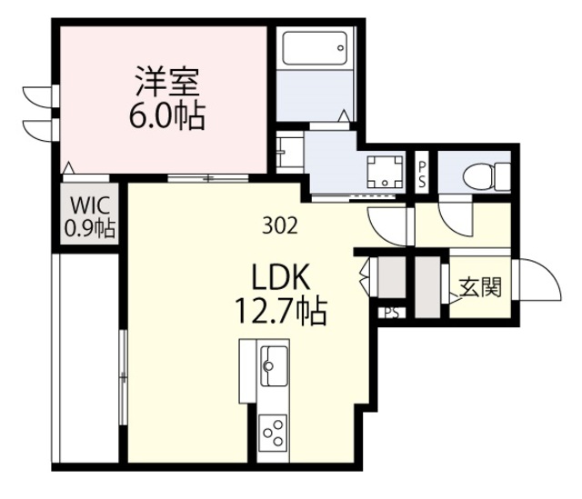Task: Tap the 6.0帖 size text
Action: click(166, 115)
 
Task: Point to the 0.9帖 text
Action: click(90, 227)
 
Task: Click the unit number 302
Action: click(280, 225)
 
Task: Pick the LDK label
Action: click(281, 278)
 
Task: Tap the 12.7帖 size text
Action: click(281, 312)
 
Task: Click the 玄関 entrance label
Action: click(481, 287)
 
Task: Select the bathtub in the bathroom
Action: click(315, 48)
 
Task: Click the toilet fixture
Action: click(487, 177)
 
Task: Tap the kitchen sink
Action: click(275, 366)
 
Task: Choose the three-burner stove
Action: click(273, 433)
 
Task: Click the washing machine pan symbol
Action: click(385, 172)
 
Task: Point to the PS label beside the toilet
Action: click(422, 175)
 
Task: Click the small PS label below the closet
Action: click(392, 314)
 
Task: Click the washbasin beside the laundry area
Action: click(290, 152)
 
